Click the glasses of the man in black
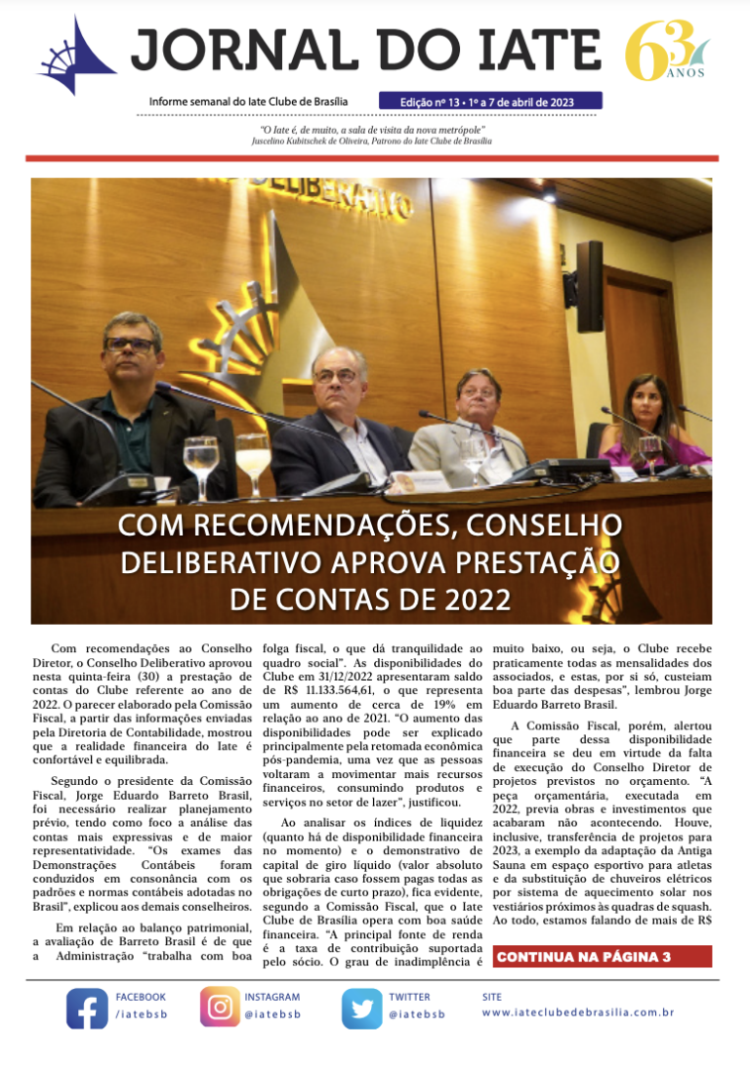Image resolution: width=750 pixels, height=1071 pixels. point(132,345)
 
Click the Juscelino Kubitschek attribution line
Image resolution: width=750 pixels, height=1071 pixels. point(372,142)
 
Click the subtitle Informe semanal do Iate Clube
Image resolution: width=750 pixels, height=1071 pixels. point(248,102)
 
